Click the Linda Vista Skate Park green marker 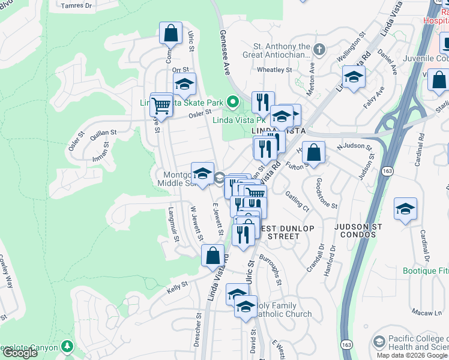click(236, 101)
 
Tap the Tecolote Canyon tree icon click(67, 347)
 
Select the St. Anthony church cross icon click(319, 49)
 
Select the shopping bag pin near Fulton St click(313, 153)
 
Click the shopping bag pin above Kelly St click(212, 256)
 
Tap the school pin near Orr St click(184, 84)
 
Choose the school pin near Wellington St click(354, 77)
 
